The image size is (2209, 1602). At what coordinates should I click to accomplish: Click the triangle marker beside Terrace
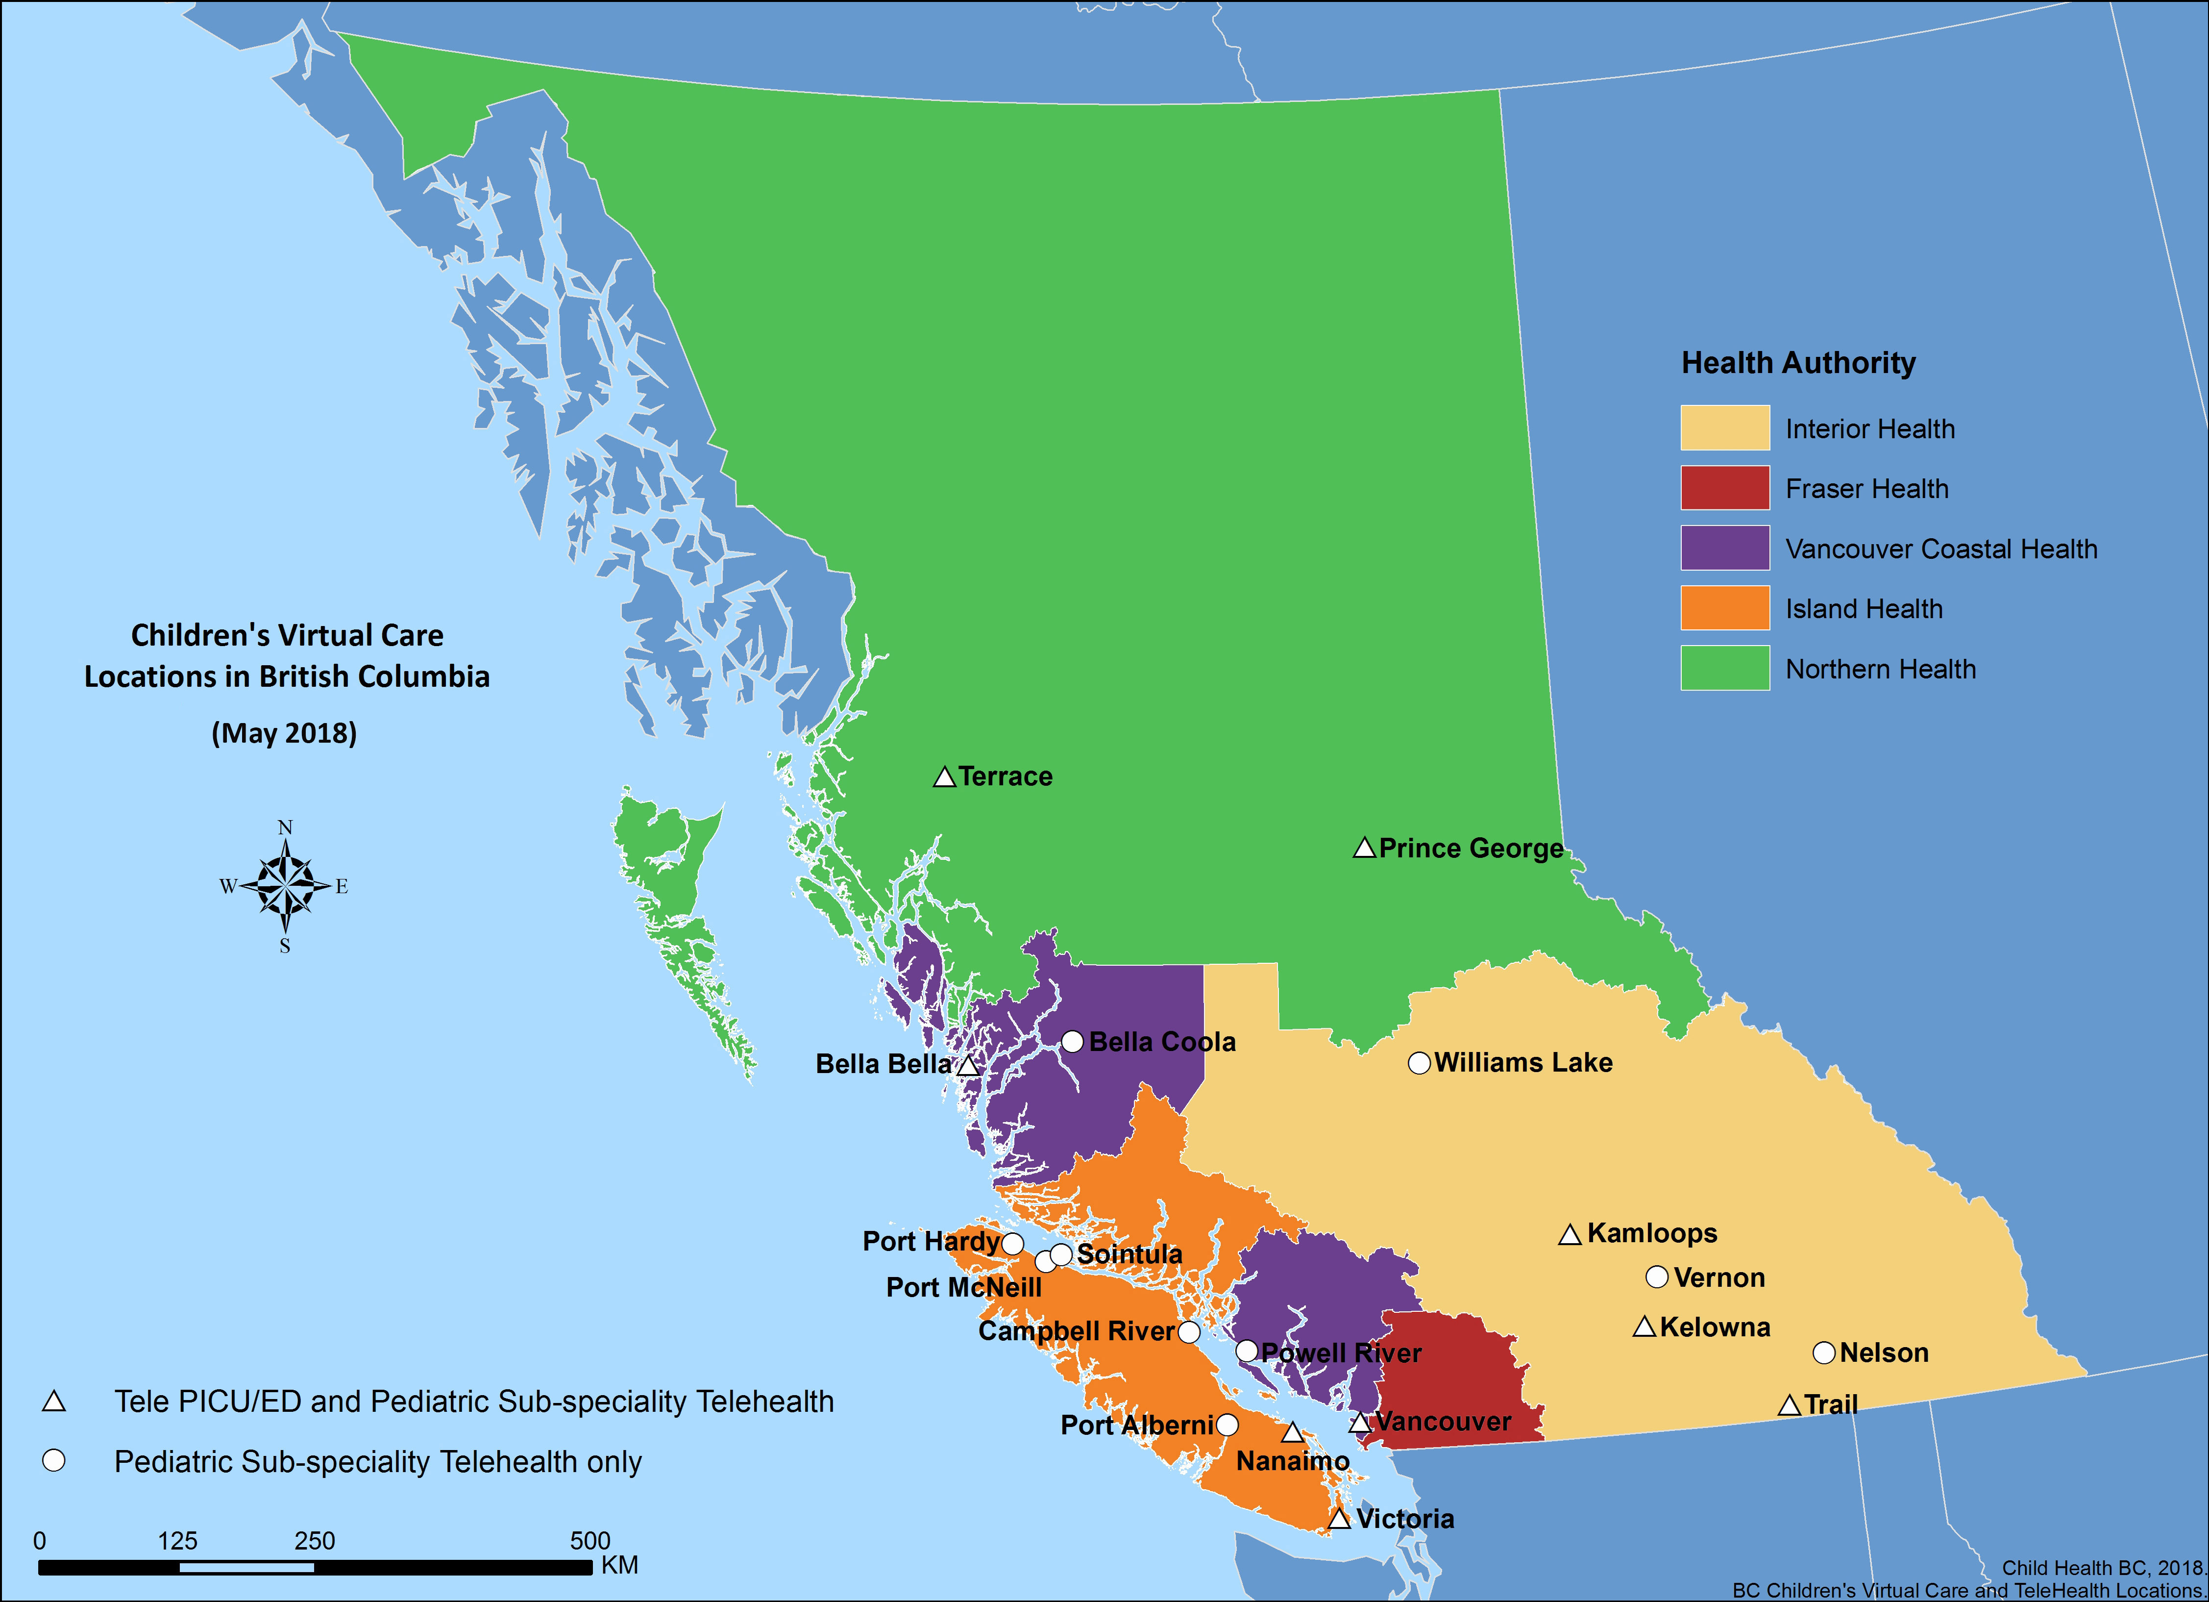[944, 777]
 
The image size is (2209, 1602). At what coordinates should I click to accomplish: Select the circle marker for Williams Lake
[1419, 1063]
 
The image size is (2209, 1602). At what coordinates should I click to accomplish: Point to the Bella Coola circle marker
[1072, 1042]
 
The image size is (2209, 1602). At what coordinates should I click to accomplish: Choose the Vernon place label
[1719, 1277]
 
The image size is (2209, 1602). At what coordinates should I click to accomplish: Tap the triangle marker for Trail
[1788, 1406]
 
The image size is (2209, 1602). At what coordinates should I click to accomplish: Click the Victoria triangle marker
[1339, 1519]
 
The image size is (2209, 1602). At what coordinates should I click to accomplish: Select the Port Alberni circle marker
[1227, 1426]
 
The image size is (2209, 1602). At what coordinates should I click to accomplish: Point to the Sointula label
[1130, 1254]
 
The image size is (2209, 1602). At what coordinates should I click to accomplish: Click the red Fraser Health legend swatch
[1724, 488]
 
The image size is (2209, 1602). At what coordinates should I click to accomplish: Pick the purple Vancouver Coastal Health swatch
[1724, 549]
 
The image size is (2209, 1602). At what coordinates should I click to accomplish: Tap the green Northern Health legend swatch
[1724, 669]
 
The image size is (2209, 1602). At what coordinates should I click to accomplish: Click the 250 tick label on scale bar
[315, 1541]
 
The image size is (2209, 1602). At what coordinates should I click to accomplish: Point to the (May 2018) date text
[284, 733]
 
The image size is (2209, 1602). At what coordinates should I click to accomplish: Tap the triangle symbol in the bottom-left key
[53, 1402]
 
